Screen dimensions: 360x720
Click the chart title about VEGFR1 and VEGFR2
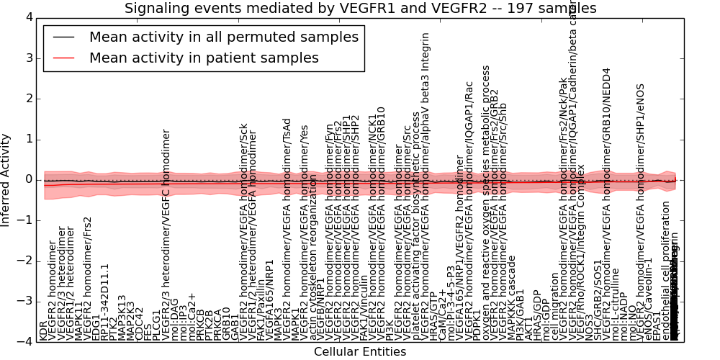tap(359, 8)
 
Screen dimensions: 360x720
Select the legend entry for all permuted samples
tap(223, 37)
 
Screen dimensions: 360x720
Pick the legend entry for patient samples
tap(204, 58)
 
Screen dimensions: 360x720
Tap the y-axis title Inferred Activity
tap(6, 179)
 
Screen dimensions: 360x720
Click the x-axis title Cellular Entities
tap(359, 352)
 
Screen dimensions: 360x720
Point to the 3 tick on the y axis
tap(29, 58)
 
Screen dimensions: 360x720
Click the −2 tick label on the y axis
tap(24, 261)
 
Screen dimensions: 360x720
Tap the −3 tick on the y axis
tap(24, 301)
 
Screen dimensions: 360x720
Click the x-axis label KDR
tap(43, 330)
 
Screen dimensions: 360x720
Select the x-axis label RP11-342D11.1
tap(105, 302)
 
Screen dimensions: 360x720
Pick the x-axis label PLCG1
tap(157, 325)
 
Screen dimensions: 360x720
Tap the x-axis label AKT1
tap(528, 328)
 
